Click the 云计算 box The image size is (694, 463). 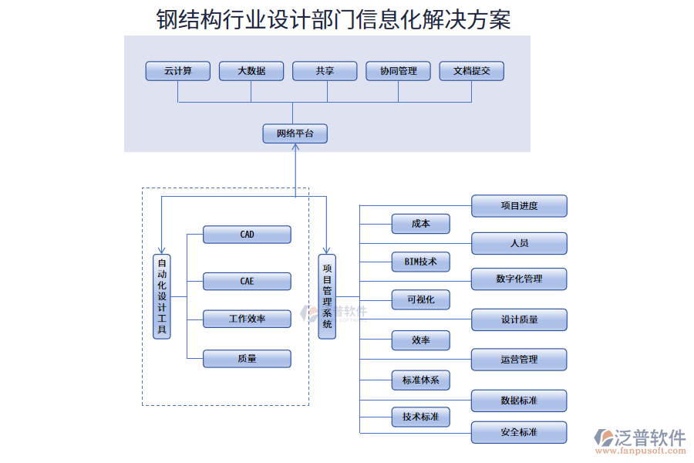click(x=178, y=71)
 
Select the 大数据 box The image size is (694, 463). click(x=251, y=71)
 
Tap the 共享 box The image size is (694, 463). click(x=325, y=71)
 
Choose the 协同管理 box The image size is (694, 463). click(x=398, y=71)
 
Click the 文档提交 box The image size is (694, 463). click(x=471, y=71)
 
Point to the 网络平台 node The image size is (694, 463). click(x=295, y=133)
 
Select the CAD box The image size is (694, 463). click(x=247, y=235)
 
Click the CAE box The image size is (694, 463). click(x=247, y=281)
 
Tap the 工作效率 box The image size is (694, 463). click(x=247, y=318)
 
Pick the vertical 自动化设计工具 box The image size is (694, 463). click(x=162, y=296)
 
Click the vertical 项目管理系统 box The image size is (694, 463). click(x=327, y=296)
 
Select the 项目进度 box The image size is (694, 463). click(x=519, y=206)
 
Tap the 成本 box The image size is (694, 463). click(x=420, y=224)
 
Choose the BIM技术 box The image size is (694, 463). click(x=420, y=262)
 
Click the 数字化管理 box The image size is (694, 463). click(x=519, y=279)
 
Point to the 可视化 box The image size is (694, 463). click(x=420, y=299)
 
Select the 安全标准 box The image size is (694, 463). click(x=519, y=432)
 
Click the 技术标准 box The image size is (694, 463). click(x=420, y=417)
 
